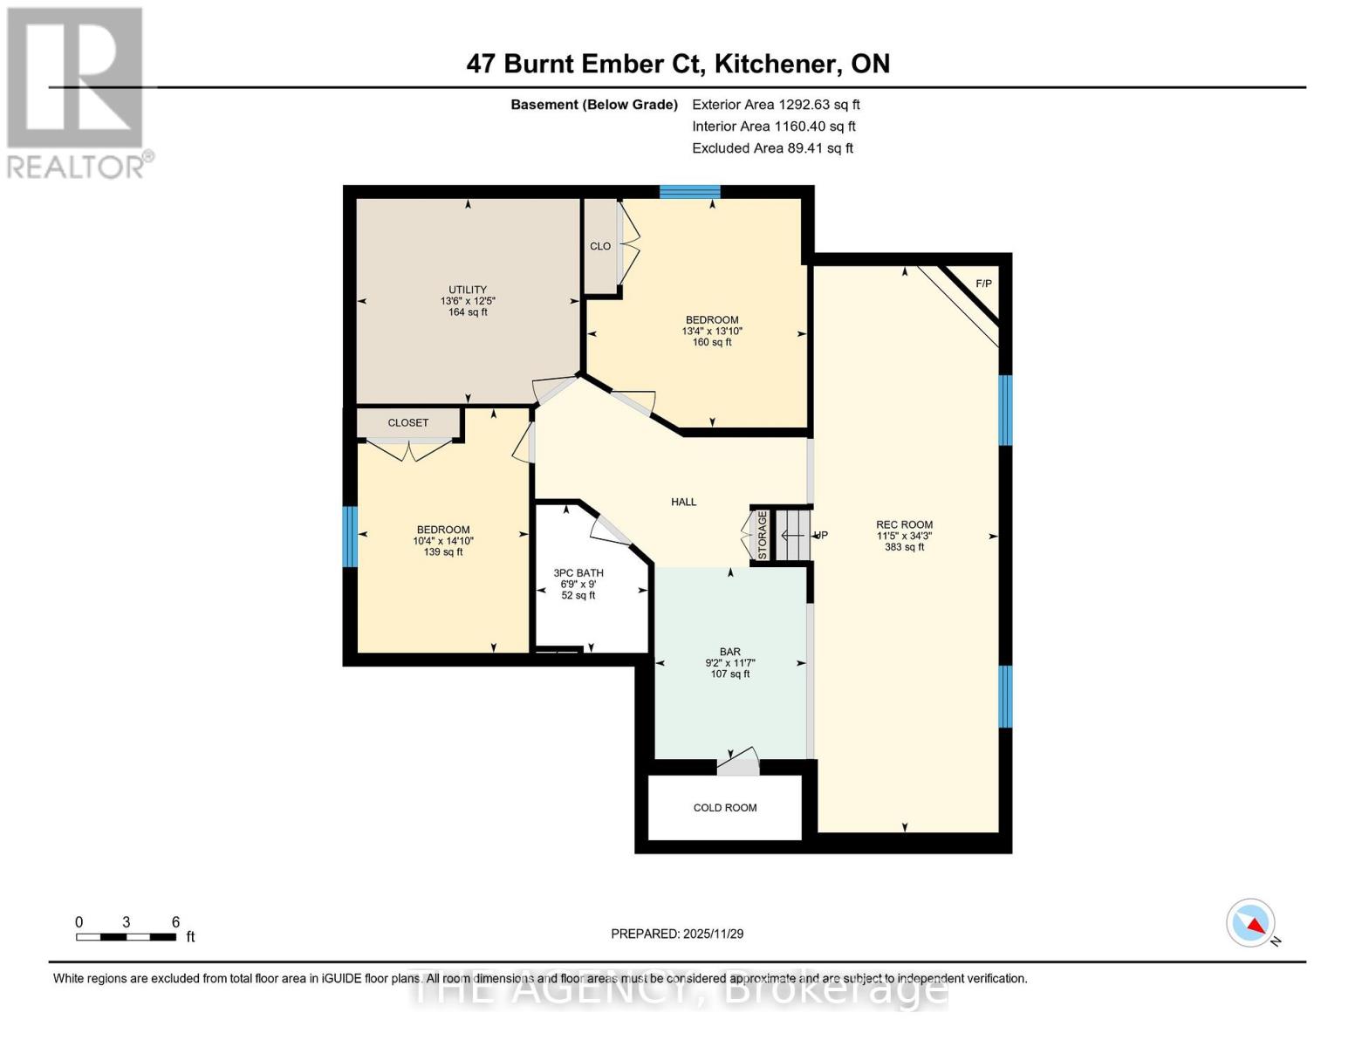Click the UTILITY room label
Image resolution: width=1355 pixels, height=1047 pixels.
click(468, 290)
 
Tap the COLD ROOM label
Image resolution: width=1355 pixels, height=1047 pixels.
click(725, 808)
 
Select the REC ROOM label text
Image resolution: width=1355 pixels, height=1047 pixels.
click(904, 525)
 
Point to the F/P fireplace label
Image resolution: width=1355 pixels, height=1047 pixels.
click(983, 284)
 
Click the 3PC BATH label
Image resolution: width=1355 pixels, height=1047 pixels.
click(578, 573)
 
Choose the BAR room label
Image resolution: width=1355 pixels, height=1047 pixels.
click(730, 652)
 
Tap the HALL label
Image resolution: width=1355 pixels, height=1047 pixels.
click(684, 502)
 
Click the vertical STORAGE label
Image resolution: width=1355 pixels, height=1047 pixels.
click(762, 535)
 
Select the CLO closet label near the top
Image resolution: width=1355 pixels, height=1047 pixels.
click(600, 246)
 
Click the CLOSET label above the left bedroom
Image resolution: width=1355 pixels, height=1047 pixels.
click(408, 422)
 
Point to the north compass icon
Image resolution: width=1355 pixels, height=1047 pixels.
click(1252, 923)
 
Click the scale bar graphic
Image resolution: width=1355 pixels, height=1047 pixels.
click(127, 937)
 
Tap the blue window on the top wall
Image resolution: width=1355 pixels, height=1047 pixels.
click(689, 192)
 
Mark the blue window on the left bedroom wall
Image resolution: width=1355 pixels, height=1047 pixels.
click(350, 537)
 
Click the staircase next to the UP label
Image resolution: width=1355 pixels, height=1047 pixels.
click(793, 535)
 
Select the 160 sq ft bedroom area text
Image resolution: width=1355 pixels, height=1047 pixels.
click(712, 342)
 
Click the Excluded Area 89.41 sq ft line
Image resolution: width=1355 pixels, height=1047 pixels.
click(772, 148)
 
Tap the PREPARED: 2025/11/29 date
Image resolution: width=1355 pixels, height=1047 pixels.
click(677, 934)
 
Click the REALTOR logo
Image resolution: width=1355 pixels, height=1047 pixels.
click(77, 92)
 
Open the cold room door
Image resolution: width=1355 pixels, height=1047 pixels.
click(738, 763)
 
